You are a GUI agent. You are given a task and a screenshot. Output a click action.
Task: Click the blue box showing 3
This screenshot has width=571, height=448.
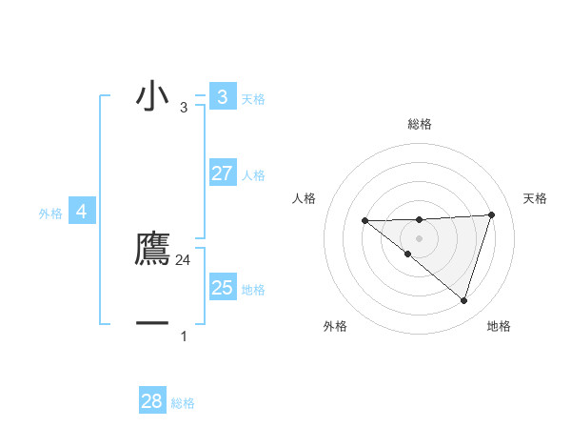click(222, 97)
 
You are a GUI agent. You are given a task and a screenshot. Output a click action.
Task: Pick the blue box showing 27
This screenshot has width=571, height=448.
click(222, 173)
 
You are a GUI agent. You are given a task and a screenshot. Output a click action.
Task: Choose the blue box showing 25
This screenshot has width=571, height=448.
click(222, 287)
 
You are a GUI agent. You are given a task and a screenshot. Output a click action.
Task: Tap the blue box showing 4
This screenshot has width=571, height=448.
click(82, 212)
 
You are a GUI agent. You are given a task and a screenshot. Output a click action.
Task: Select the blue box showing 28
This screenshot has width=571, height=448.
click(152, 401)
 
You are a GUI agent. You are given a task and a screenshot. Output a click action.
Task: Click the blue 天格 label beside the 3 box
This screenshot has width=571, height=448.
click(253, 98)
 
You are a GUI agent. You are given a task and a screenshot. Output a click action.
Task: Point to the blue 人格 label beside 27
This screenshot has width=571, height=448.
click(253, 175)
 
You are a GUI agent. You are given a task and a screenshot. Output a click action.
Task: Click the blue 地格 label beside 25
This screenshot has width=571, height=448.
click(253, 289)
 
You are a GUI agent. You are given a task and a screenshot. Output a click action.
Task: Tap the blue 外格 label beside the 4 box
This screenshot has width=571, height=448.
click(50, 214)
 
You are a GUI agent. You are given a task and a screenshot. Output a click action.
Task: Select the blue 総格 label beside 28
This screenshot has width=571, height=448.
click(183, 403)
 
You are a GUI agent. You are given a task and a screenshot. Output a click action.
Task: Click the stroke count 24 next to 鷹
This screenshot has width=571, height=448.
click(184, 259)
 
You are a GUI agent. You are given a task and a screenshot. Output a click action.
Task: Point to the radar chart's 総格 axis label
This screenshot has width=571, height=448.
click(419, 124)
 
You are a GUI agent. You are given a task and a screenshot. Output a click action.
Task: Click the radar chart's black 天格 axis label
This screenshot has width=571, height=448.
click(535, 198)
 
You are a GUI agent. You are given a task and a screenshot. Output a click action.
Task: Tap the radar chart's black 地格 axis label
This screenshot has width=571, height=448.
click(499, 326)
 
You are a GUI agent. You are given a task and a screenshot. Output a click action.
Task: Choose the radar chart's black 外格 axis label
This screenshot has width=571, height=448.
click(335, 326)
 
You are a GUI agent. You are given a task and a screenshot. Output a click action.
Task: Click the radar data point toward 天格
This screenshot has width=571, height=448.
click(491, 214)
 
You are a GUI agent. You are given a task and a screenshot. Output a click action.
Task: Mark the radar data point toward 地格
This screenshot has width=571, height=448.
click(463, 300)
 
